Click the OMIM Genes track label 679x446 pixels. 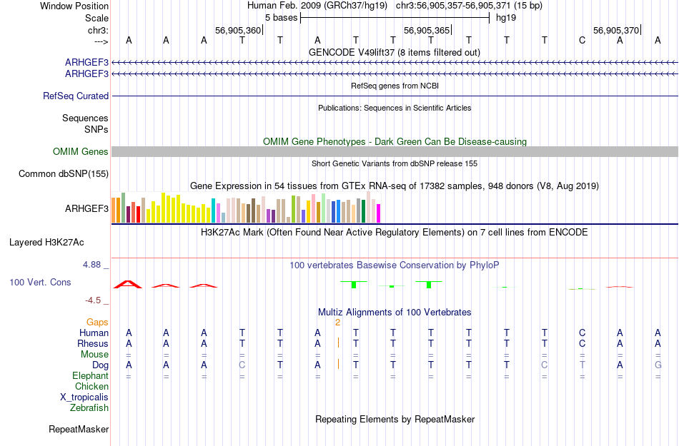coord(80,151)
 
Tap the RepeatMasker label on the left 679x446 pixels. coord(79,429)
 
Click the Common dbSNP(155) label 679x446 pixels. coord(64,173)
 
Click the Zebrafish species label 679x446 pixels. coord(89,407)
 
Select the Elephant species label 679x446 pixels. coord(90,375)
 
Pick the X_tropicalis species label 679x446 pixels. coord(84,397)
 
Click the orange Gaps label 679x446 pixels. coord(97,322)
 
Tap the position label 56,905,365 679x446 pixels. coord(427,30)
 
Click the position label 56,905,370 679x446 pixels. coord(616,30)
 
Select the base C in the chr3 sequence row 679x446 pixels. coord(583,40)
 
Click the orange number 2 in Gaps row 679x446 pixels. coord(337,322)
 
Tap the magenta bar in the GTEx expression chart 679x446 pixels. coord(379,213)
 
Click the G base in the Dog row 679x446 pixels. coord(658,365)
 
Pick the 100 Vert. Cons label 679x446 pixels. coord(40,282)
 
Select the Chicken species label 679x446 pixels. coord(92,386)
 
